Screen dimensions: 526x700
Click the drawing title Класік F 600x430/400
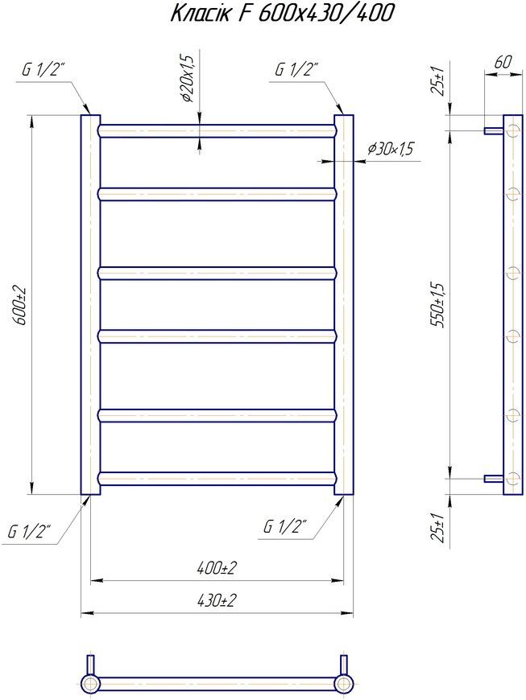(283, 14)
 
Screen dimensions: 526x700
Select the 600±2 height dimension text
(23, 305)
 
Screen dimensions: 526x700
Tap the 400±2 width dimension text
(217, 568)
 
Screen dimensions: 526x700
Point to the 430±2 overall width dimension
(217, 600)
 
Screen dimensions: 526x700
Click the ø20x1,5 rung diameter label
(188, 79)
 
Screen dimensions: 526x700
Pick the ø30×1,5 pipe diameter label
(390, 149)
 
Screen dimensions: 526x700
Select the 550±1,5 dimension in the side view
(439, 305)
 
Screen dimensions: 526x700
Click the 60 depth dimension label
(503, 62)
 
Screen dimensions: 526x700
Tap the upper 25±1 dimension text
(438, 80)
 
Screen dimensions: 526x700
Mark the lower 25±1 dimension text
(438, 527)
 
